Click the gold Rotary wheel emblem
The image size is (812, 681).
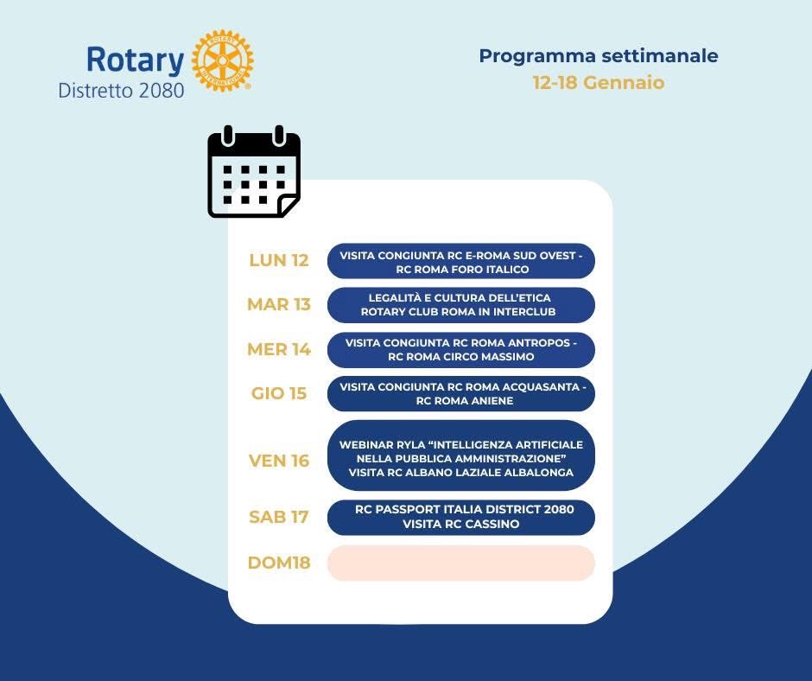click(x=222, y=61)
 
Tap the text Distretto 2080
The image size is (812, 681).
click(x=121, y=90)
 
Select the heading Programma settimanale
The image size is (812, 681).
click(x=599, y=56)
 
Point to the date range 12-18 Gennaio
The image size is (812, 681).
click(x=599, y=83)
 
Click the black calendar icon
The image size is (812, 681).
click(x=254, y=173)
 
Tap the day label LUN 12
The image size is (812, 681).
click(x=278, y=260)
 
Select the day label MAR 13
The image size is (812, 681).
click(x=278, y=304)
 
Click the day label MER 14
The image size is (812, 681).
click(x=278, y=349)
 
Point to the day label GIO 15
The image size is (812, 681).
click(x=278, y=393)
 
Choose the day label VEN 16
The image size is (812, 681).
click(x=278, y=461)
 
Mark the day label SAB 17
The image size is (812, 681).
click(x=278, y=517)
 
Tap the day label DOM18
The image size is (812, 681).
click(x=278, y=563)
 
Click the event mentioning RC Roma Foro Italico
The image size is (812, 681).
click(x=460, y=261)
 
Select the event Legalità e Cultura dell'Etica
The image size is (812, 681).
click(x=460, y=305)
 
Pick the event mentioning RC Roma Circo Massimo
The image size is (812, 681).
click(x=460, y=349)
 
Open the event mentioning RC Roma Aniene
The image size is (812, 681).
click(x=460, y=394)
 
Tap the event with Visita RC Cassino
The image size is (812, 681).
click(x=460, y=517)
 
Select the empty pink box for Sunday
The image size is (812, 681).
click(x=460, y=563)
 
